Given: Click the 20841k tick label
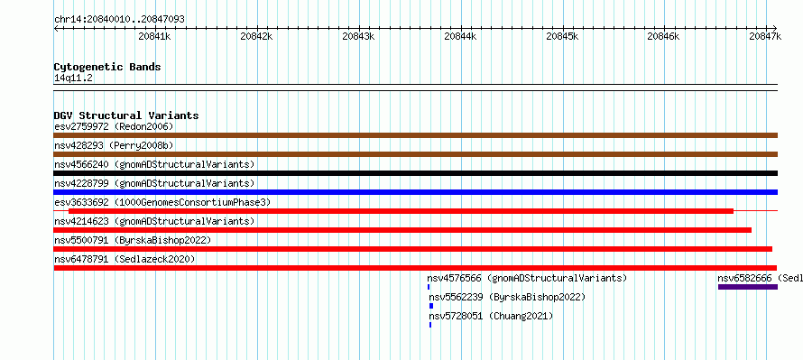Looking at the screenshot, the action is click(154, 36).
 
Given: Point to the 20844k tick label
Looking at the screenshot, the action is click(460, 36).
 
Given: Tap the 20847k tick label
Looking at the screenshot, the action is click(765, 36).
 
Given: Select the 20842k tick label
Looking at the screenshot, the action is click(256, 36).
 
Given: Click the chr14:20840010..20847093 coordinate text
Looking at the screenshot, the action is click(119, 20).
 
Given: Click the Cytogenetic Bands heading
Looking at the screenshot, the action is click(107, 67).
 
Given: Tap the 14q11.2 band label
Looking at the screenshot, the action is click(73, 78).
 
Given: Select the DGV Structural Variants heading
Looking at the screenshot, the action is click(126, 115).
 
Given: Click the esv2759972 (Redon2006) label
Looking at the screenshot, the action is click(114, 126).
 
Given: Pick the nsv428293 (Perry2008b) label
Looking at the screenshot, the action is click(114, 145).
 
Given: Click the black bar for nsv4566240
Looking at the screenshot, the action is click(415, 173).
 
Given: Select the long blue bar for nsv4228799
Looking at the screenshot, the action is click(415, 192).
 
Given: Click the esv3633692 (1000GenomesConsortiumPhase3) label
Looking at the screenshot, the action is click(162, 202).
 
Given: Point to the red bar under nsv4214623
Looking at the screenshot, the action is click(402, 230).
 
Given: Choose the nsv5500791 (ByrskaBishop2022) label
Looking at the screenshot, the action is click(133, 240).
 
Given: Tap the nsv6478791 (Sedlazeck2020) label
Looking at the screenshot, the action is click(125, 259).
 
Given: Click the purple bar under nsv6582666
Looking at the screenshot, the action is click(748, 287).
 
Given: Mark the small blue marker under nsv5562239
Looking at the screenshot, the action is click(431, 306).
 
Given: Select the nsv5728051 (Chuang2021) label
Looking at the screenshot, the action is click(491, 316).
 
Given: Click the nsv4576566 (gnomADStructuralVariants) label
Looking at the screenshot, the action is click(527, 278).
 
